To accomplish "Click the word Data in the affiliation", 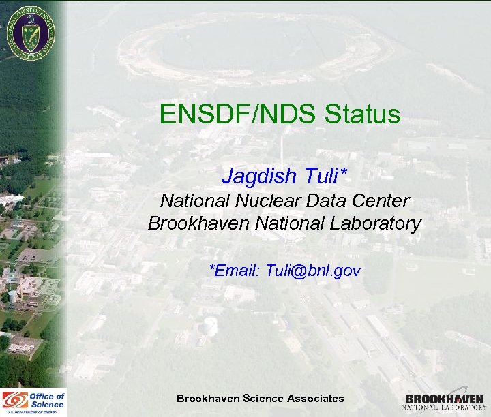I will (331, 201).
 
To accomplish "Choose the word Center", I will (383, 201).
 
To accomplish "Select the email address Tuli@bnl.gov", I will (313, 271).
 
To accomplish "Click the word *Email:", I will (235, 271).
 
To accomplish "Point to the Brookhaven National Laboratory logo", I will (444, 401).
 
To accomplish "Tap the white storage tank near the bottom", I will (211, 326).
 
